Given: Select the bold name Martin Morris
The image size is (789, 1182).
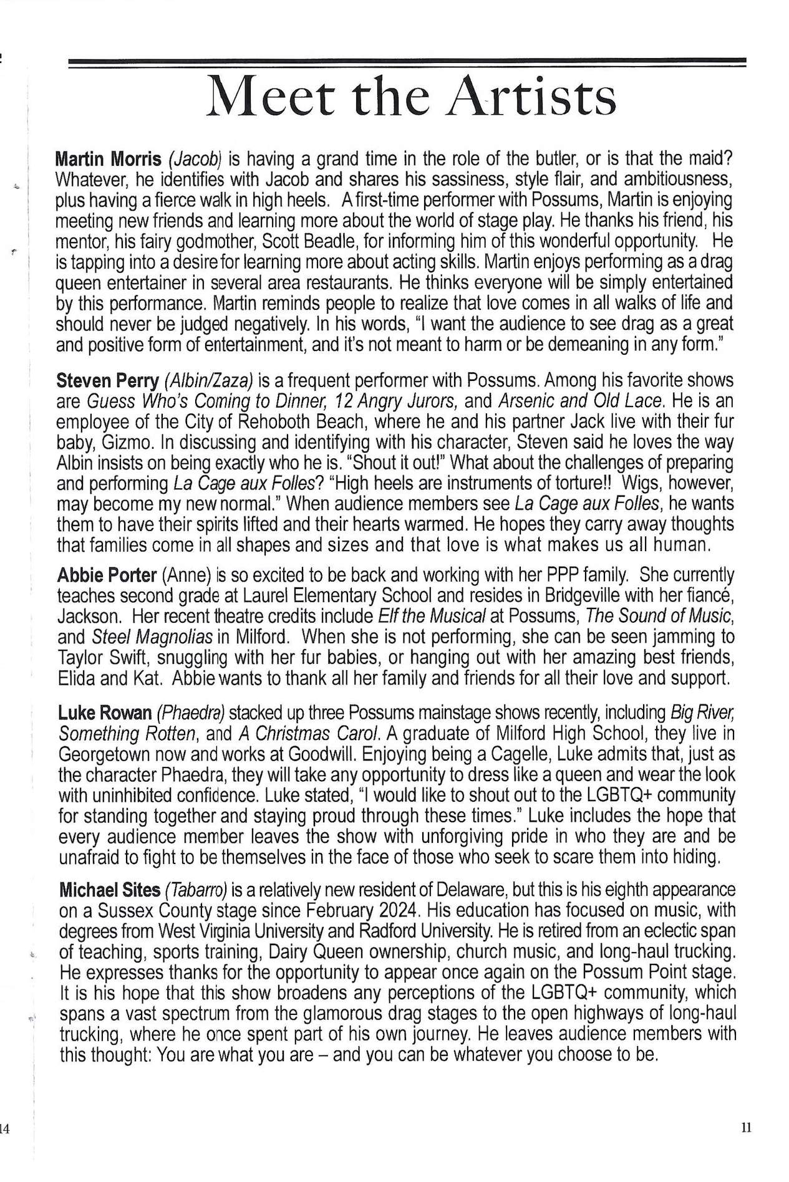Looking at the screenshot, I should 109,159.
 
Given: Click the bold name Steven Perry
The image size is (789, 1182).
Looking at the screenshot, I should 107,380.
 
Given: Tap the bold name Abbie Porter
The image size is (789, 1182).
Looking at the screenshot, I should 107,575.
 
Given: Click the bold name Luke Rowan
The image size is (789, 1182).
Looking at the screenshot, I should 105,713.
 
